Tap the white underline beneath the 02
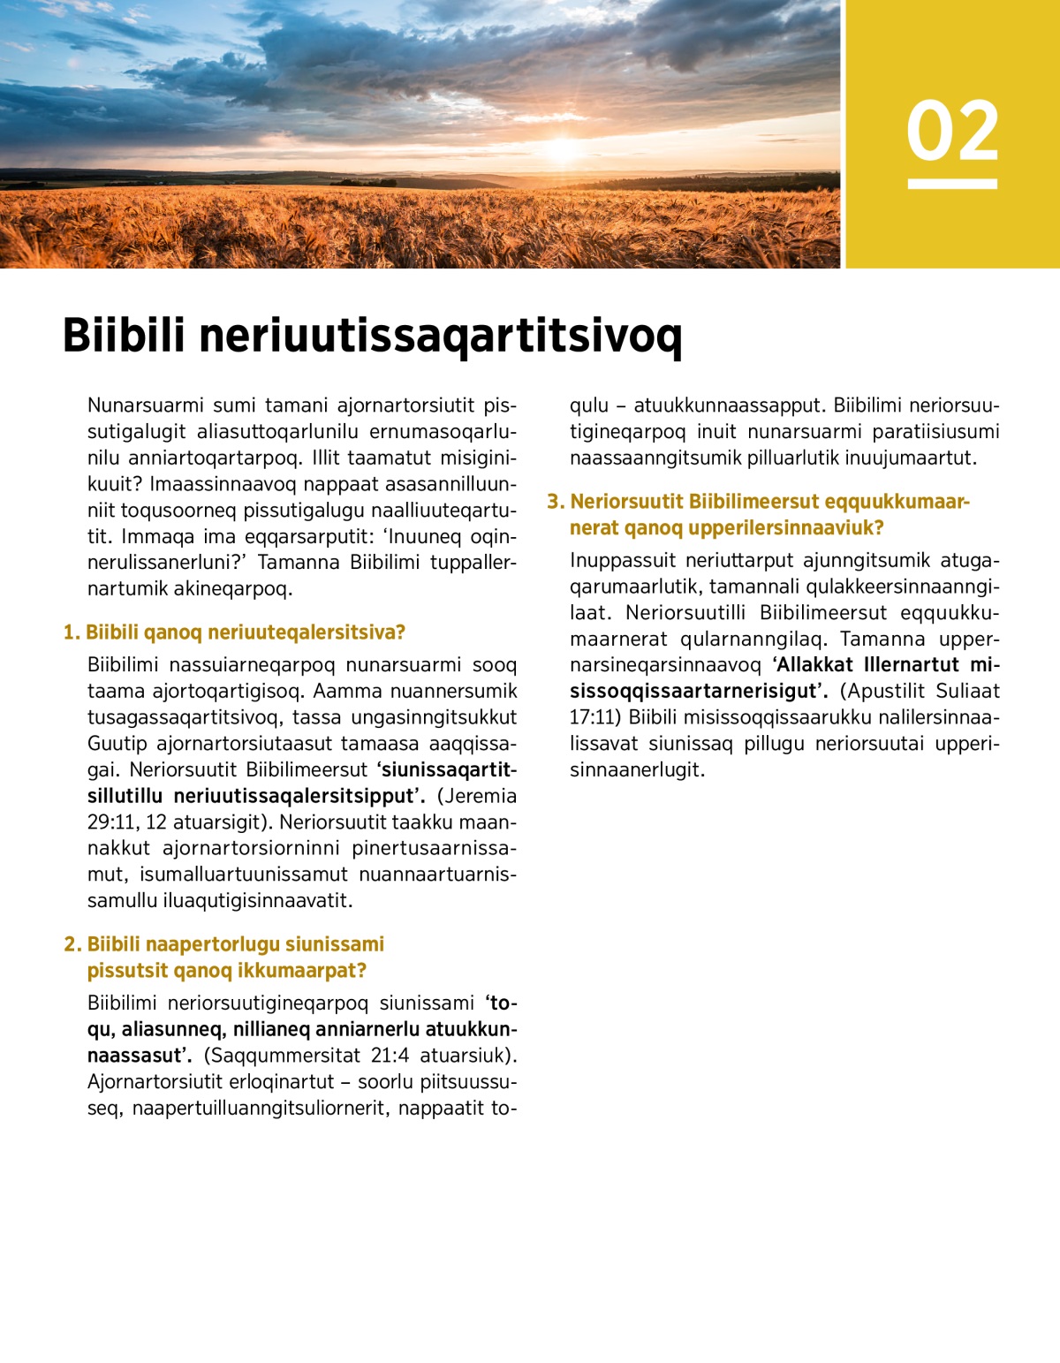(x=952, y=184)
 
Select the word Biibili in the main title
(x=124, y=336)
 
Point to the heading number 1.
(x=71, y=632)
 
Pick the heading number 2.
(x=72, y=944)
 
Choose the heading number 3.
(x=555, y=502)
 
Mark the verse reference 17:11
(x=592, y=717)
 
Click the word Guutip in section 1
(x=117, y=744)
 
